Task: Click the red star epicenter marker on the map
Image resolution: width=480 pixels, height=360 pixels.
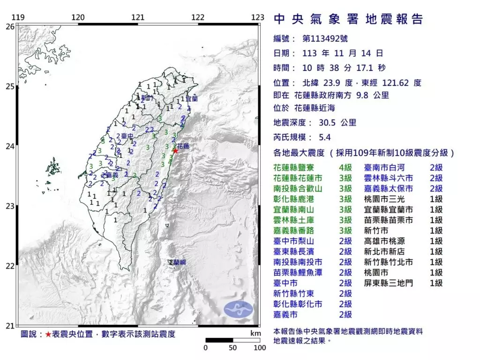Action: point(175,150)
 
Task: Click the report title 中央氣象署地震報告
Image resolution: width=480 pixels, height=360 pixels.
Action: point(348,19)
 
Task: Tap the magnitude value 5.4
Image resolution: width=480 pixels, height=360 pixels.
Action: point(325,137)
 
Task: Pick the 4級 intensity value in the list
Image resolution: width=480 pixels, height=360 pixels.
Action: point(345,167)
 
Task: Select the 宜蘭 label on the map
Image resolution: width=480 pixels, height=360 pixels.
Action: point(192,99)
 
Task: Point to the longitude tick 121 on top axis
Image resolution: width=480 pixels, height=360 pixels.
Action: point(137,18)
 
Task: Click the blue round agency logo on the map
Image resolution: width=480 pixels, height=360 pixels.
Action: point(238,308)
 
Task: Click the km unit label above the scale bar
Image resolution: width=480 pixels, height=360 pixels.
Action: point(255,333)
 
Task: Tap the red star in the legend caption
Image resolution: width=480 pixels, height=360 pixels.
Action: point(48,334)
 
